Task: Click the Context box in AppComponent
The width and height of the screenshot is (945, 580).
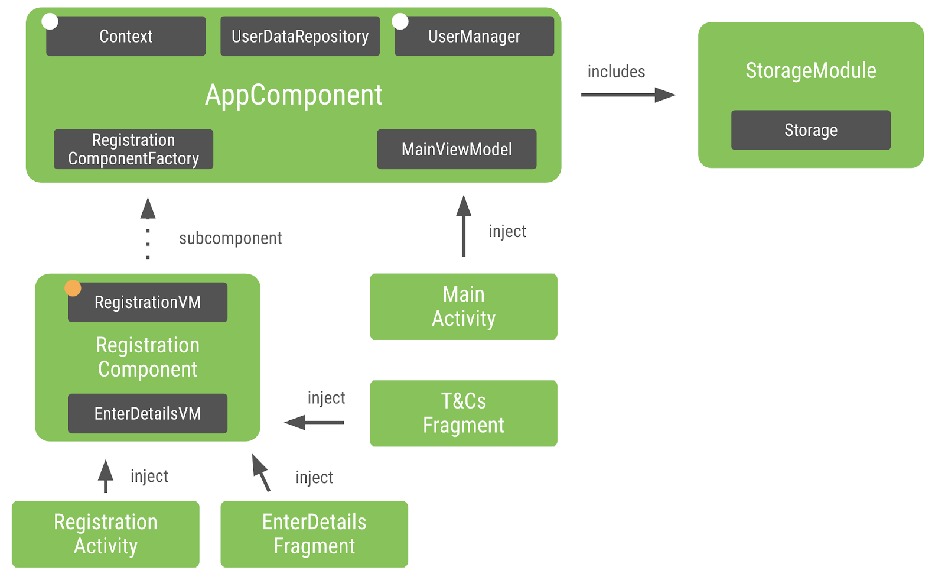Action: [x=126, y=37]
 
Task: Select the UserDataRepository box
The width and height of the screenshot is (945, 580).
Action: [x=300, y=37]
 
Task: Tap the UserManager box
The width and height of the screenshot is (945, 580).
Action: [x=474, y=37]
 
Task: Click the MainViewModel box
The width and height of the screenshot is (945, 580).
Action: [x=457, y=150]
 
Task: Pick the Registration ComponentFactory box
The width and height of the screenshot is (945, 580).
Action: [x=133, y=150]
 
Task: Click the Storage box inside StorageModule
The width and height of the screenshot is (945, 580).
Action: [x=810, y=130]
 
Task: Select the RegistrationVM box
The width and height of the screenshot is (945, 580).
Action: [x=148, y=303]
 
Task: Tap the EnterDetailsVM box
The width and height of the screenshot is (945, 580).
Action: [x=148, y=414]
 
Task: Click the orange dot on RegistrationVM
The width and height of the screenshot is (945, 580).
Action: [x=73, y=288]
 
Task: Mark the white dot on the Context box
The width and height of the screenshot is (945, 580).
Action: [x=50, y=21]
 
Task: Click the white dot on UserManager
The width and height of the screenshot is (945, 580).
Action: [x=400, y=21]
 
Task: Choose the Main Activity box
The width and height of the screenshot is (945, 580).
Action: [x=464, y=307]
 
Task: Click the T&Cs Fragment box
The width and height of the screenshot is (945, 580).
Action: [x=464, y=413]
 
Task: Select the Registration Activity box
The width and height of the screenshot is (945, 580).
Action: [x=106, y=534]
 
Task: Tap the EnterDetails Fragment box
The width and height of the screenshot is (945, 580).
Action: [x=314, y=534]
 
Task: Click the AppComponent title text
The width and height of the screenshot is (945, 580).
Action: [x=294, y=95]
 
